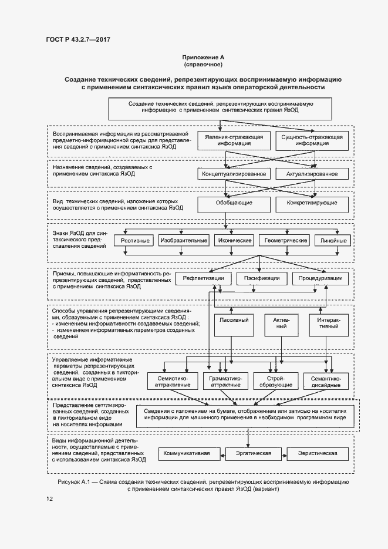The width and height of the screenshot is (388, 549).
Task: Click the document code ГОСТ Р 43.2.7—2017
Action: click(78, 39)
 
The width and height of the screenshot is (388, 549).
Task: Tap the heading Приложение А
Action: click(203, 57)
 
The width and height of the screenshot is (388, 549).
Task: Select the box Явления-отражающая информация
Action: click(234, 140)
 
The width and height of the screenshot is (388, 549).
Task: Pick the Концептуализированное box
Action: click(234, 174)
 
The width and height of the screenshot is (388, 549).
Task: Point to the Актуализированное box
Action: click(312, 174)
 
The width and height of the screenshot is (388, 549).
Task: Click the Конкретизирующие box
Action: click(312, 203)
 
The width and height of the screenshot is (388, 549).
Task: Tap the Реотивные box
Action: click(135, 241)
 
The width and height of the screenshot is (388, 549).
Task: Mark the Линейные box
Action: click(333, 241)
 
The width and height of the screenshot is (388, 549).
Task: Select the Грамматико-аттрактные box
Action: click(225, 381)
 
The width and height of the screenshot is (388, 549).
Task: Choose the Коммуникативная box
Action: click(191, 454)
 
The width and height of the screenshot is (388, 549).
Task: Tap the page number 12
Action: click(49, 499)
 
